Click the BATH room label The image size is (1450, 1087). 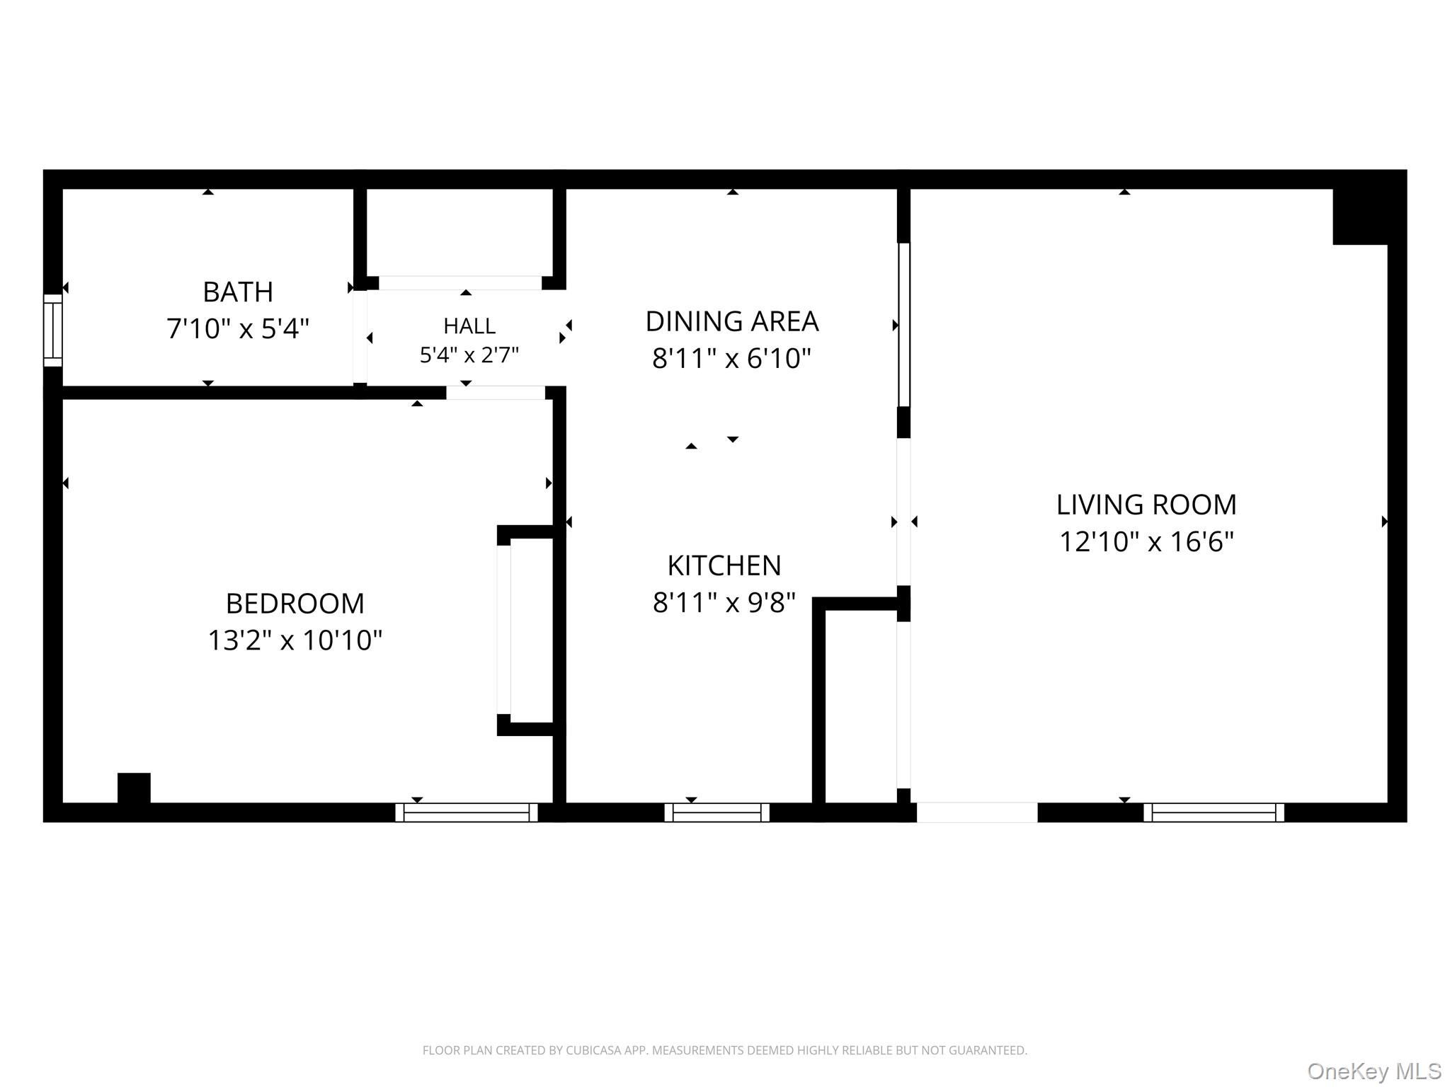pyautogui.click(x=238, y=292)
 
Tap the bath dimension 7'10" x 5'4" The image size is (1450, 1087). pyautogui.click(x=238, y=328)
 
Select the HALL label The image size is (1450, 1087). pyautogui.click(x=469, y=326)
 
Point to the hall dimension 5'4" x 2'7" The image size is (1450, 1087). pyautogui.click(x=469, y=355)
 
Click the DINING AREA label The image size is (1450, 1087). pyautogui.click(x=732, y=321)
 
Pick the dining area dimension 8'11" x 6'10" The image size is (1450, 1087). pyautogui.click(x=731, y=358)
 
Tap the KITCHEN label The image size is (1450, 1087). pyautogui.click(x=724, y=565)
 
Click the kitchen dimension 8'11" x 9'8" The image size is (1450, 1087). pyautogui.click(x=724, y=602)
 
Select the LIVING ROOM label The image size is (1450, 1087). pyautogui.click(x=1146, y=505)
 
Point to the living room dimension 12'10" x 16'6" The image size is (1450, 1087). pyautogui.click(x=1146, y=541)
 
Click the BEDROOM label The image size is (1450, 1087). pyautogui.click(x=295, y=604)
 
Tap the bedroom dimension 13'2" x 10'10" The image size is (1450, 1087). pyautogui.click(x=295, y=640)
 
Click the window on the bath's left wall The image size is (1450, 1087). pyautogui.click(x=53, y=330)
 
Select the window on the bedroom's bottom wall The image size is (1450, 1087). pyautogui.click(x=467, y=812)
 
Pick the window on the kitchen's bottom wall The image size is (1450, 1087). pyautogui.click(x=717, y=812)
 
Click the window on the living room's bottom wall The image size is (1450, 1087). pyautogui.click(x=1214, y=812)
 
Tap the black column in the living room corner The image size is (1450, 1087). pyautogui.click(x=1360, y=217)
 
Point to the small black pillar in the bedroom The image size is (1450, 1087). pyautogui.click(x=134, y=788)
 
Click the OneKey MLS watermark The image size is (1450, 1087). pyautogui.click(x=1374, y=1071)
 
